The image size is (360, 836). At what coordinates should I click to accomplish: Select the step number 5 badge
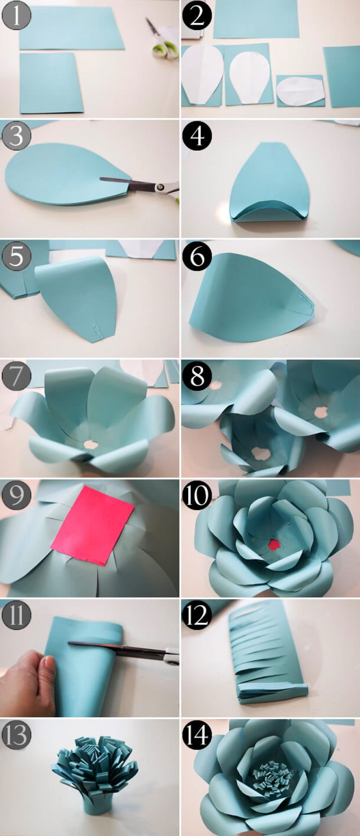click(16, 256)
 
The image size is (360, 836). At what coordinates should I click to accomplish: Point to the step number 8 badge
click(197, 376)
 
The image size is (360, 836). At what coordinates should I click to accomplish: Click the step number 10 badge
click(197, 495)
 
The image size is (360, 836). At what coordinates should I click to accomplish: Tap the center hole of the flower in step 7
click(91, 444)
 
